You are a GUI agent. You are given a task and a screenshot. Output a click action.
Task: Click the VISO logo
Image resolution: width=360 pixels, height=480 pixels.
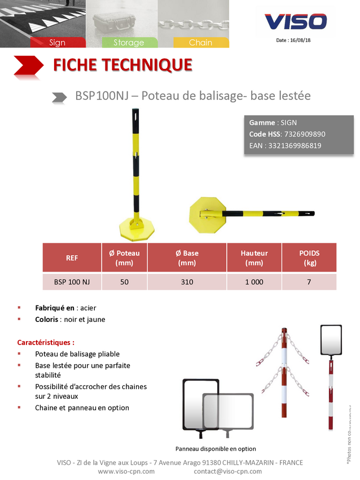[x=296, y=21]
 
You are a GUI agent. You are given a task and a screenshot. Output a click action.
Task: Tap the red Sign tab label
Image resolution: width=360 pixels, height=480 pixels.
[x=58, y=42]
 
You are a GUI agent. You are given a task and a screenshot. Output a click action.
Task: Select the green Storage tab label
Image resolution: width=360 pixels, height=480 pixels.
[x=129, y=42]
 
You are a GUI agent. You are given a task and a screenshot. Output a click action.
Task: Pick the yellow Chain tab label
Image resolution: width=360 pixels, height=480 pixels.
[x=200, y=42]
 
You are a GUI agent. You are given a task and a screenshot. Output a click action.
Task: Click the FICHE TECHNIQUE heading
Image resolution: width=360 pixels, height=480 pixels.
[x=122, y=65]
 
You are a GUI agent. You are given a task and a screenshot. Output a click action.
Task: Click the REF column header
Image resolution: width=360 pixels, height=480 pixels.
[x=72, y=258]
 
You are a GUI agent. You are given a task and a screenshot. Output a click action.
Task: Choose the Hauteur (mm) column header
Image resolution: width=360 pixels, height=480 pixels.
[x=254, y=258]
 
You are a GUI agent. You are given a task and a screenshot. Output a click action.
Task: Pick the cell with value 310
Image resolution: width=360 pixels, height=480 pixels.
[x=187, y=282]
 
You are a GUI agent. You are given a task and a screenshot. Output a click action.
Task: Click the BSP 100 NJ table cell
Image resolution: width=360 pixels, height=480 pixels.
[x=72, y=282]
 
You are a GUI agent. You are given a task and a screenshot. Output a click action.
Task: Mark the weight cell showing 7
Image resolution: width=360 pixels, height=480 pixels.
[x=309, y=282]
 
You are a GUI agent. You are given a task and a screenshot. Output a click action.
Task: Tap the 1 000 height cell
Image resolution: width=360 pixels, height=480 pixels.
[x=254, y=282]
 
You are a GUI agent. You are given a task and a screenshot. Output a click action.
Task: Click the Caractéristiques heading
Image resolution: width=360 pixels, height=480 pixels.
[x=46, y=342]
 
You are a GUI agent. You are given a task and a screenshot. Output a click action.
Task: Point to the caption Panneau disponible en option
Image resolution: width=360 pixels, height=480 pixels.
[x=216, y=449]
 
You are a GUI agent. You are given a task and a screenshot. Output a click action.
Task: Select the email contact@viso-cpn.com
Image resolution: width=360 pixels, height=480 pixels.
[x=227, y=471]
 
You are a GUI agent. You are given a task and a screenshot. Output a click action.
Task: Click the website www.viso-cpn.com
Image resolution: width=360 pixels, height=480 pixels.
[x=126, y=471]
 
